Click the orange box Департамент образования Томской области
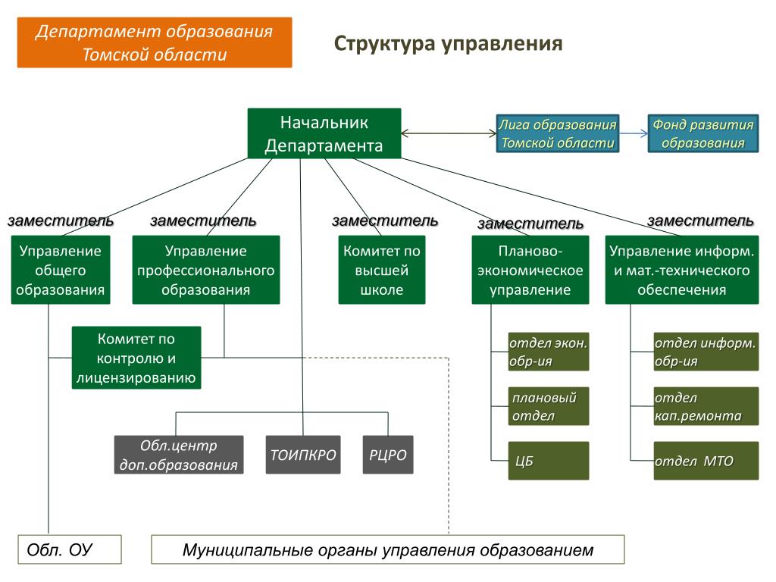coord(155,43)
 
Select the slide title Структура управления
coord(448,43)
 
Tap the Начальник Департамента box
coord(324,133)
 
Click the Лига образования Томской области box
coord(557,133)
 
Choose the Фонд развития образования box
coord(703,133)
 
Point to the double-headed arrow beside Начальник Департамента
coord(449,133)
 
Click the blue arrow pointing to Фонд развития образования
coord(634,133)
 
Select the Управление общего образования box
coord(61,270)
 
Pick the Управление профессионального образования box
coord(205,270)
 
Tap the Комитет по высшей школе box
coord(382,270)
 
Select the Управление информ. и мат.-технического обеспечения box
coord(681,270)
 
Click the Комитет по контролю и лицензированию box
coord(136,358)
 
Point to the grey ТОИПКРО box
coord(303,455)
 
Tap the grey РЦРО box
coord(388,455)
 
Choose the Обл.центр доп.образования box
coord(179,455)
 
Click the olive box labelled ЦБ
coord(549,461)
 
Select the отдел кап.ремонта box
coord(706,406)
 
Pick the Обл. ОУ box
coord(70,549)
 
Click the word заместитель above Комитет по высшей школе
coord(385,221)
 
